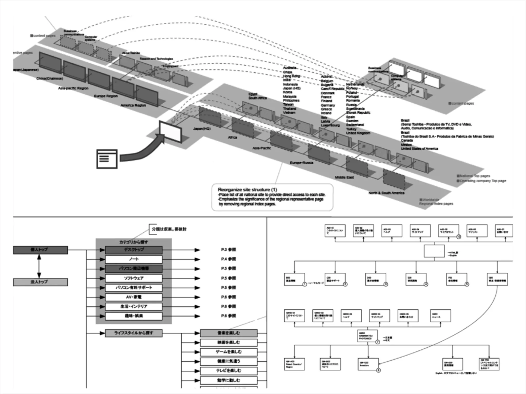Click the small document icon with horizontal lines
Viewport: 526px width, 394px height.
(x=107, y=159)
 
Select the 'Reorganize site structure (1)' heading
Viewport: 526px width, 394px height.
(x=247, y=190)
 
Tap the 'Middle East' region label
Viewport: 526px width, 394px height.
(x=344, y=177)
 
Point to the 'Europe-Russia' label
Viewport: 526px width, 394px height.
(x=302, y=163)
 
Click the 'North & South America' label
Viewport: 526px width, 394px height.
(x=386, y=193)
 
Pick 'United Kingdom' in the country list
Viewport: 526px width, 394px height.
(x=358, y=133)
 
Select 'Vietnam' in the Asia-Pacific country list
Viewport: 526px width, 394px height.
(x=289, y=113)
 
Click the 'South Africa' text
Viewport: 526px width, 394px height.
(x=258, y=98)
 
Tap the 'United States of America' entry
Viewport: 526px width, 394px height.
(x=419, y=149)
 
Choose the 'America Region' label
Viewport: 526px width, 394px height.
(x=133, y=105)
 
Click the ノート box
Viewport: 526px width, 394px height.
(x=134, y=259)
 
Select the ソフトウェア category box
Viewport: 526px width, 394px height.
(x=134, y=278)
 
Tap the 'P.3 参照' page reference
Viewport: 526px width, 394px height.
(x=228, y=250)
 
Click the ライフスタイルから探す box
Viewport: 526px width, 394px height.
(x=134, y=333)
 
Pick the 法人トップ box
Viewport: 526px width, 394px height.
(x=40, y=282)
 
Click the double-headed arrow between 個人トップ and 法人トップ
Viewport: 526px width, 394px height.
(x=39, y=266)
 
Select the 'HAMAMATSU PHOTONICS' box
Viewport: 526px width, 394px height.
(x=368, y=336)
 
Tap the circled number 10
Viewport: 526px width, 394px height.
(x=458, y=237)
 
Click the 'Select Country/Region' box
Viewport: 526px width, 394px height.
(x=294, y=364)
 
